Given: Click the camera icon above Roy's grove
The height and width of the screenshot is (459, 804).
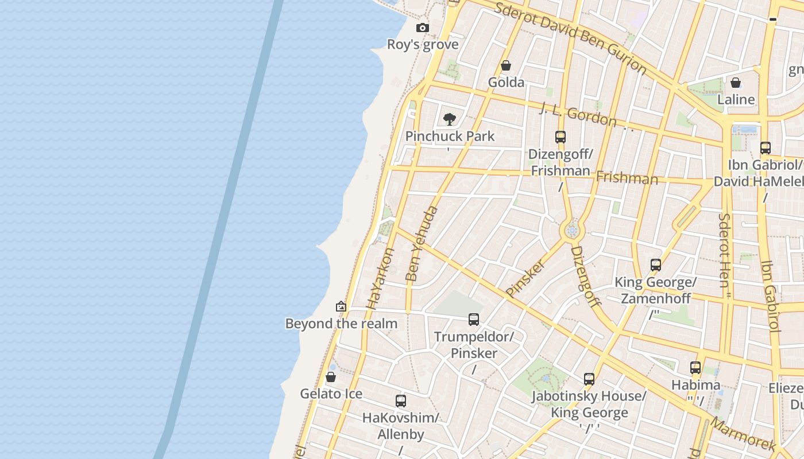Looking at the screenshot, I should (x=423, y=28).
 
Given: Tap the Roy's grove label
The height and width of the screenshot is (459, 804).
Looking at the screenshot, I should (x=423, y=45).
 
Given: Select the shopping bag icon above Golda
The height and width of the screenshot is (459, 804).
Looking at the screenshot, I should (x=506, y=66).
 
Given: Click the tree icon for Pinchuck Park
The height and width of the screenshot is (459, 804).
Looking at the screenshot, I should (x=450, y=119).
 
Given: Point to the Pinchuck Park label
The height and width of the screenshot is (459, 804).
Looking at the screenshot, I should (x=450, y=137).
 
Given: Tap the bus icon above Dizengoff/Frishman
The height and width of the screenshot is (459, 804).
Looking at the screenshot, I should (x=561, y=137).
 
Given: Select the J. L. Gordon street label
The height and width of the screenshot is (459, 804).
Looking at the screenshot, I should (x=578, y=114).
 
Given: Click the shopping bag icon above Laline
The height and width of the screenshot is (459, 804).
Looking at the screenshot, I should (x=736, y=83).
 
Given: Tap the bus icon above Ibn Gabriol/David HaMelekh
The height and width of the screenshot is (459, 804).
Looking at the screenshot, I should (x=766, y=147).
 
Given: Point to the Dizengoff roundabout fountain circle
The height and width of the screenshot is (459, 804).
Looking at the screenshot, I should (x=571, y=231).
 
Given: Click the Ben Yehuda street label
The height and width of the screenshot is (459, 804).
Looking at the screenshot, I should (x=422, y=243).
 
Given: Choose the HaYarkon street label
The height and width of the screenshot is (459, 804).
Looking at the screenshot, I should (x=381, y=279).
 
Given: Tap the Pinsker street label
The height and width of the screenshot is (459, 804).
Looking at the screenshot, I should (x=525, y=278).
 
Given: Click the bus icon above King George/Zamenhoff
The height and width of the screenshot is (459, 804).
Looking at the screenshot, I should (x=656, y=265).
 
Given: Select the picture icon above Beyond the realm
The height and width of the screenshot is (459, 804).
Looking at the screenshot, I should (x=341, y=306).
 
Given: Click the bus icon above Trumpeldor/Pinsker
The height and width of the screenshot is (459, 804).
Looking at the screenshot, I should (x=474, y=320).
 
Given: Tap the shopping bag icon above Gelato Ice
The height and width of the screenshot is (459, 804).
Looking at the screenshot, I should (x=331, y=377).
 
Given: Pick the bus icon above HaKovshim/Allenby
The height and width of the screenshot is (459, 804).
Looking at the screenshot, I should (x=401, y=401).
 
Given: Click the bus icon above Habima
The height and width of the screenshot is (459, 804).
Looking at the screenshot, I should (x=695, y=368).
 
